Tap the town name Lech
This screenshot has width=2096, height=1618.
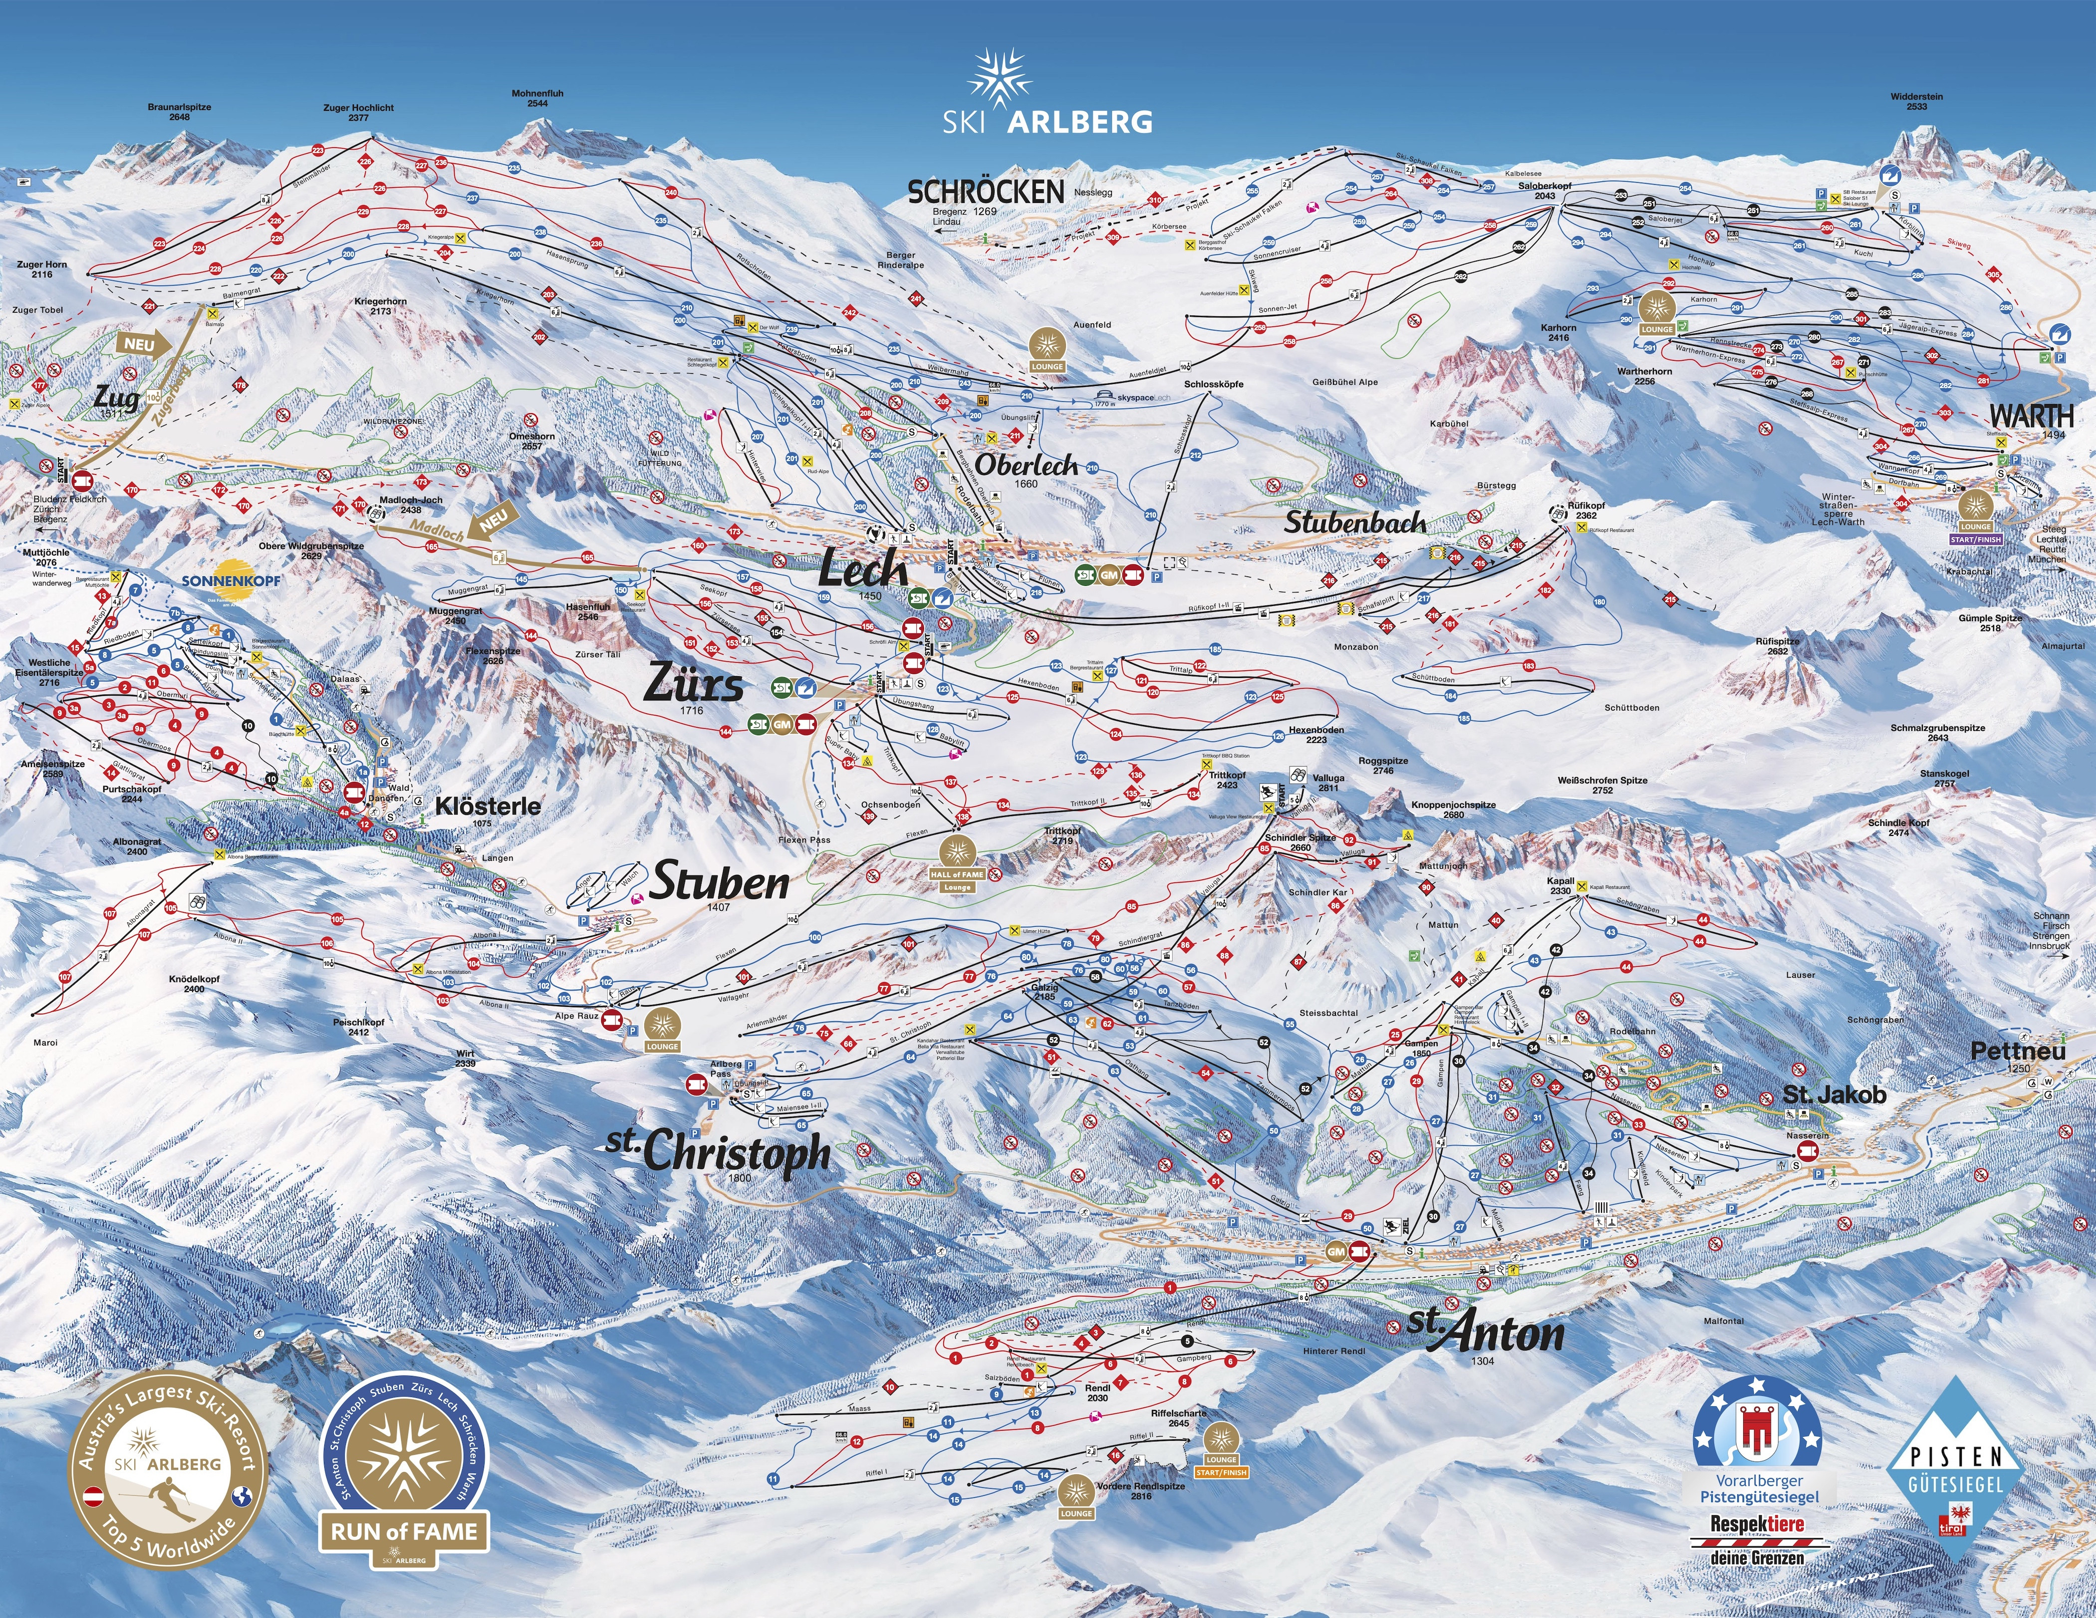[862, 570]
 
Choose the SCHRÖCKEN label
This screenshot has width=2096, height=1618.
[986, 192]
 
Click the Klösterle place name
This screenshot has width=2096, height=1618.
[488, 806]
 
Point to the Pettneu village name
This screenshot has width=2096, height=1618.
[2017, 1051]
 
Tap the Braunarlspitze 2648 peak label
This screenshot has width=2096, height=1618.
[180, 111]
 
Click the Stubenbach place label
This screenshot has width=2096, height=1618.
[1354, 523]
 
